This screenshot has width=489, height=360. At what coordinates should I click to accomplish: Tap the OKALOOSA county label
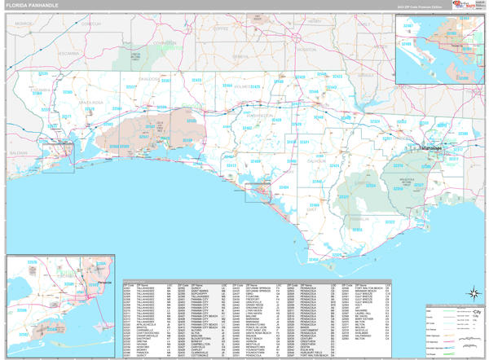[x=151, y=79]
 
